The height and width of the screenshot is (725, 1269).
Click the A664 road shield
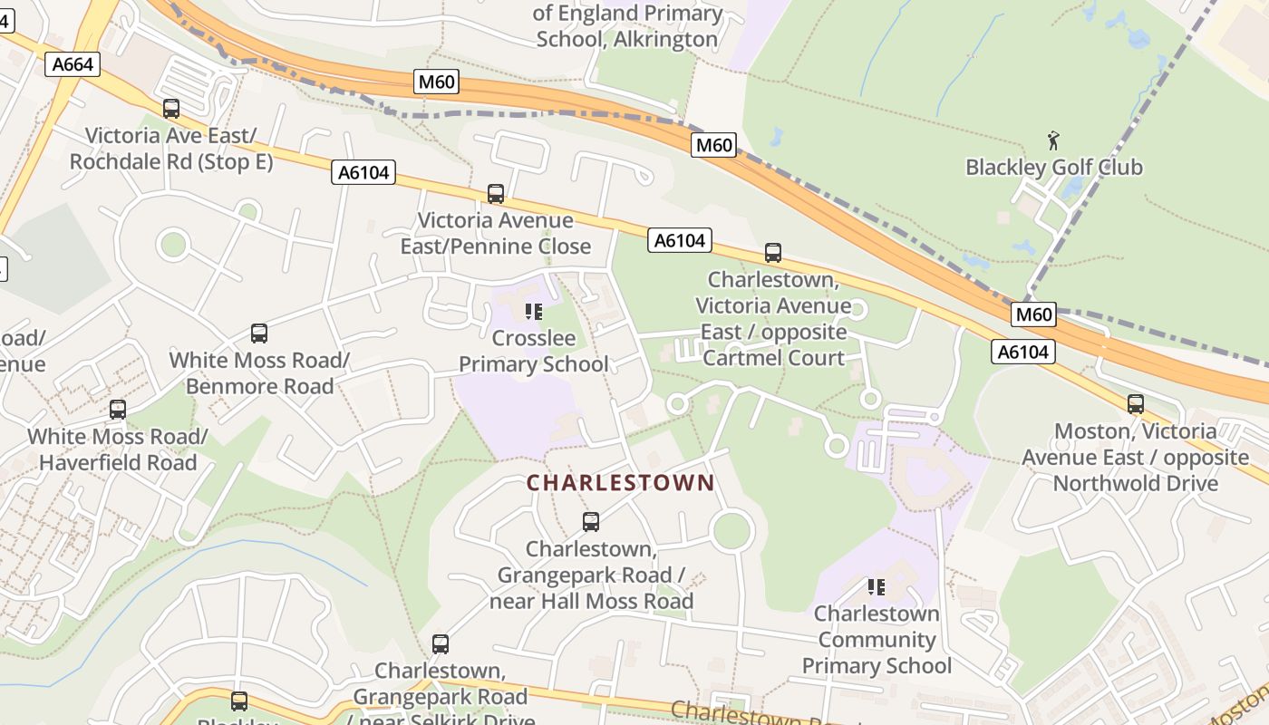(x=72, y=63)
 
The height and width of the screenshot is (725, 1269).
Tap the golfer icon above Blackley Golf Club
(x=1053, y=140)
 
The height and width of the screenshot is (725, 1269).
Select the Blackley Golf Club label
(x=1053, y=168)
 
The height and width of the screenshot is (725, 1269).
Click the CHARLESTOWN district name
(x=621, y=483)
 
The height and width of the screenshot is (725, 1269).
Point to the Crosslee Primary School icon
(x=534, y=313)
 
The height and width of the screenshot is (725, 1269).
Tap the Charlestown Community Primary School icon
(x=876, y=587)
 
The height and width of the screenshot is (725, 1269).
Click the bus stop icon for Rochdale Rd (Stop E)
(x=171, y=109)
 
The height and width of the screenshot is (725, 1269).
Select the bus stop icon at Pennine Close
(x=496, y=193)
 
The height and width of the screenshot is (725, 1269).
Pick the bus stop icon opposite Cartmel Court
(x=773, y=253)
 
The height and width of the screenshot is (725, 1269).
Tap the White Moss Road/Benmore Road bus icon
(x=259, y=333)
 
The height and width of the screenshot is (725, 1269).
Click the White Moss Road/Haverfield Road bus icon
(x=118, y=410)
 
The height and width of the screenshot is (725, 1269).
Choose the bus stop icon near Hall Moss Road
(x=591, y=522)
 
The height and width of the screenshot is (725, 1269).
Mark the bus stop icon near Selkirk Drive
(x=441, y=644)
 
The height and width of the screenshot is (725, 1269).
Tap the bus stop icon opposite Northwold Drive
(x=1136, y=404)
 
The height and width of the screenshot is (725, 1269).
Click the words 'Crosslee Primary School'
(x=533, y=352)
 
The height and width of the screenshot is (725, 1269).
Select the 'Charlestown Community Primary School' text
(x=877, y=640)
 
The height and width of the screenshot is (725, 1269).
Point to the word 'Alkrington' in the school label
(x=666, y=40)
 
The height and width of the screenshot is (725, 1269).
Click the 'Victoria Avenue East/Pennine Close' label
(x=496, y=233)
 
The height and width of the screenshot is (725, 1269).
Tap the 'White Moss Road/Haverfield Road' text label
(x=118, y=449)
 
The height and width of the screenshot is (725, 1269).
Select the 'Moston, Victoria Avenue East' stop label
(x=1136, y=457)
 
